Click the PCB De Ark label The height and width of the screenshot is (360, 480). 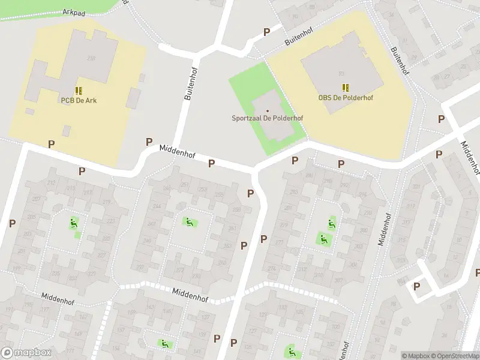(x=78, y=100)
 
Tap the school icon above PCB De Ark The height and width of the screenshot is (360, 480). (x=78, y=91)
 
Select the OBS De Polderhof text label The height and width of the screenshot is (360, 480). (x=345, y=98)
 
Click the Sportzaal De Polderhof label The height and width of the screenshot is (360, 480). (x=268, y=118)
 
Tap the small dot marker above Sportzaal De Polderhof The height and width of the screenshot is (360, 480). (x=268, y=110)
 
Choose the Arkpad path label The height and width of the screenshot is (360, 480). (x=73, y=12)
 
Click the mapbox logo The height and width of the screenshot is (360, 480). (x=25, y=353)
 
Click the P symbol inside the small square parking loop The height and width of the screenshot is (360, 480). (x=416, y=286)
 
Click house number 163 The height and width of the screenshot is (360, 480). (x=151, y=307)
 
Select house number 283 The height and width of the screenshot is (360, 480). (x=294, y=193)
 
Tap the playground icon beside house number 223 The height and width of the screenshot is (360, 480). (x=74, y=223)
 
